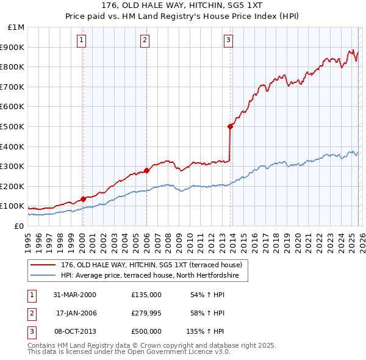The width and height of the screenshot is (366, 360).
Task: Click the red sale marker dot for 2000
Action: [83, 199]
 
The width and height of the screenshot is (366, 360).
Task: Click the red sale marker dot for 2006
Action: [146, 170]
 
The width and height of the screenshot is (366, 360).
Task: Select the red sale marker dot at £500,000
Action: [230, 126]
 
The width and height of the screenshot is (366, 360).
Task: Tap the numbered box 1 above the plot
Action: [82, 41]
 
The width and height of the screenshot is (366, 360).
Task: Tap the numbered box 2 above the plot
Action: [145, 41]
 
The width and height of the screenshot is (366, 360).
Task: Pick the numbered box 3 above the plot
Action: [228, 41]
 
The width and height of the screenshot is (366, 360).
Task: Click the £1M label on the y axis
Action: [16, 27]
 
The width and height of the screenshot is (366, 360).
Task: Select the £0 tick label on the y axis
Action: [18, 226]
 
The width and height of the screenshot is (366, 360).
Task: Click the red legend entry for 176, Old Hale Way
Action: [151, 265]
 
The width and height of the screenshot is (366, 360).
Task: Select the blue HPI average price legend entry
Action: [154, 276]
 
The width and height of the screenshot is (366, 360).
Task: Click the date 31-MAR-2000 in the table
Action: [76, 295]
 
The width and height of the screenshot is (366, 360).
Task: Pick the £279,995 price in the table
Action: [146, 313]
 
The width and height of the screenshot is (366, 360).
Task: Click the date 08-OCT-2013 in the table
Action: [76, 331]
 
